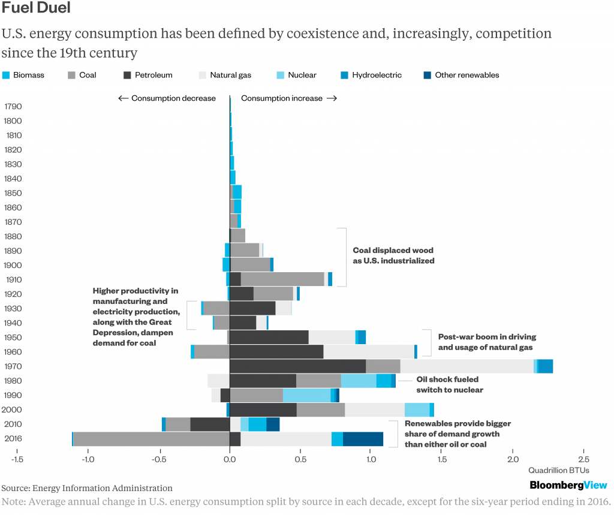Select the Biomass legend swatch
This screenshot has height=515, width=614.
tap(7, 76)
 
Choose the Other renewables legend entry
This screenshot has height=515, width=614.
tap(460, 76)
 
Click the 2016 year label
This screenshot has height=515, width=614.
tap(13, 438)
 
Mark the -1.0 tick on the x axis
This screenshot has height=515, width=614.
tap(88, 459)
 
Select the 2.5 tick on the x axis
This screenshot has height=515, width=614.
tap(583, 459)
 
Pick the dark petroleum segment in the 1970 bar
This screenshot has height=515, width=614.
tap(297, 366)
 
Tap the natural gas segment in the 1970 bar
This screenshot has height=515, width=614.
tap(466, 366)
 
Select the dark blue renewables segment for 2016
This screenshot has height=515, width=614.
tap(363, 439)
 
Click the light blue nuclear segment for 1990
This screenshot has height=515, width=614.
tap(306, 395)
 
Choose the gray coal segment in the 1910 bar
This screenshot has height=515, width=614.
tap(282, 279)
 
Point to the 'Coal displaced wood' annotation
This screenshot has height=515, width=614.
tap(393, 255)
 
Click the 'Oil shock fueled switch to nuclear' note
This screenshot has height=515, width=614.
tap(450, 384)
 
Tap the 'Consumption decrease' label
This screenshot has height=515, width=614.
tap(167, 98)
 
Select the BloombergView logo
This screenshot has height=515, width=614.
tap(568, 485)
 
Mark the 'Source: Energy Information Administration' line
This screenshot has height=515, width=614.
tap(87, 488)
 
